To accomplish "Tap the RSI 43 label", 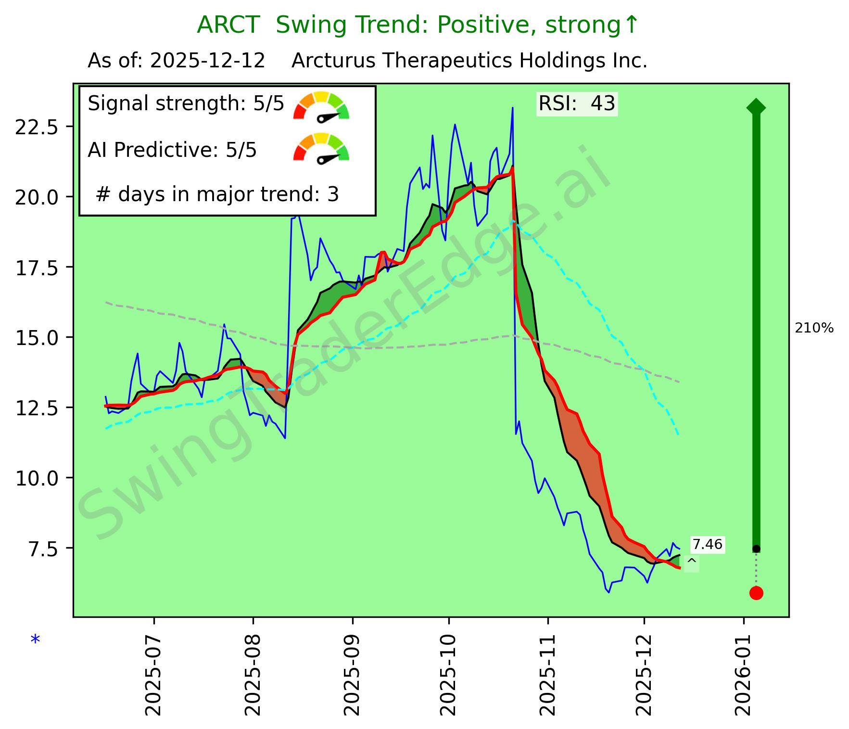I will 577,103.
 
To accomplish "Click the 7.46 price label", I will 707,544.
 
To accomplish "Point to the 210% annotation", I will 814,329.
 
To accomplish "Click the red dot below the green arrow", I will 756,593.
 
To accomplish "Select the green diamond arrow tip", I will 756,107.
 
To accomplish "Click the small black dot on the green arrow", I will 756,549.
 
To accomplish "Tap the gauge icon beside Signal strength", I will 321,106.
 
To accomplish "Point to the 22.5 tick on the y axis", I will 37,127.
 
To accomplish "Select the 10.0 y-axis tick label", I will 37,478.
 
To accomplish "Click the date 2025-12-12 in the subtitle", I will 207,61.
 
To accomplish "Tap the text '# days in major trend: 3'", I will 217,194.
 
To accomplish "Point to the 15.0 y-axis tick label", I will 37,338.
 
